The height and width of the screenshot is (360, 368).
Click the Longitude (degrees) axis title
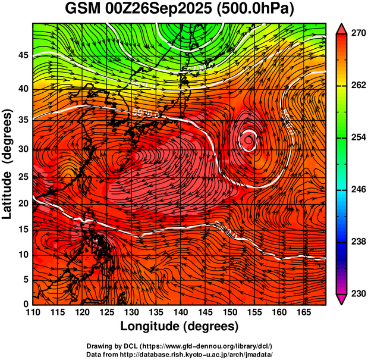pos(180,326)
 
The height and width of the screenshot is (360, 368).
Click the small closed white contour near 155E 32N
pos(249,139)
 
